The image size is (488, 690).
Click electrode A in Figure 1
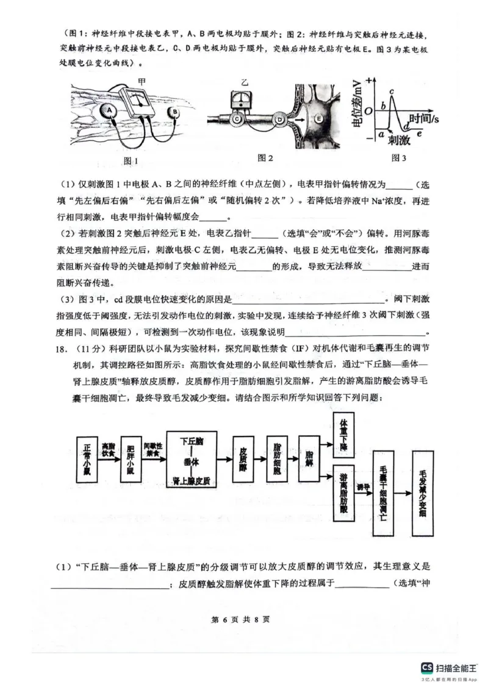click(109, 110)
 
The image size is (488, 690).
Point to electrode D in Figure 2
click(281, 120)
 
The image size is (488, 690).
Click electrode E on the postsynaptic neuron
click(318, 119)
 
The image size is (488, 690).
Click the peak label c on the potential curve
click(392, 91)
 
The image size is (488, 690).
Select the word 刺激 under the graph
click(399, 140)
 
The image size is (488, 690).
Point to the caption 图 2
click(265, 158)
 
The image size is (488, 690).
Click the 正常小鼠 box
click(87, 461)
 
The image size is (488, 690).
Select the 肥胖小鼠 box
click(131, 461)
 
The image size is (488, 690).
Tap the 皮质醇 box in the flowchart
click(243, 461)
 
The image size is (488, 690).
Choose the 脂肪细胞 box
click(278, 461)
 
